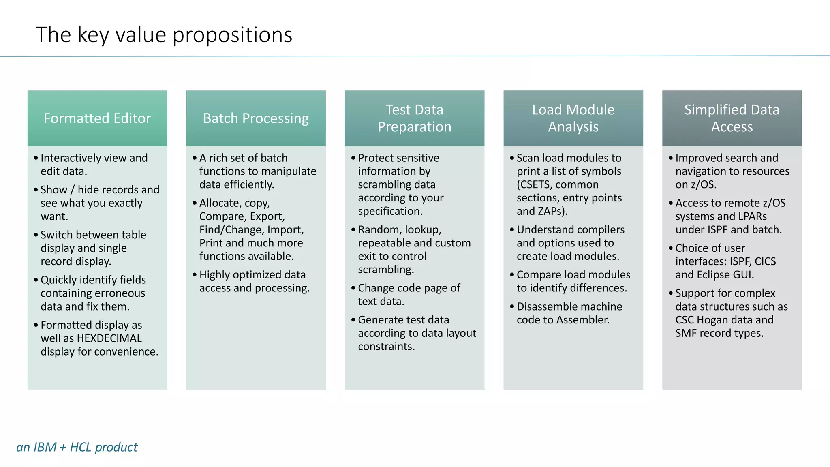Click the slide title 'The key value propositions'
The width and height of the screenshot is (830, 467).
click(164, 35)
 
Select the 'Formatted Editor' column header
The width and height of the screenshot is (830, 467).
click(97, 118)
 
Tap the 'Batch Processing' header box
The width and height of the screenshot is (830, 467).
click(256, 118)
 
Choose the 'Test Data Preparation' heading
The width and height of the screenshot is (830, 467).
click(414, 118)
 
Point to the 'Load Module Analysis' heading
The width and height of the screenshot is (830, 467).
click(573, 118)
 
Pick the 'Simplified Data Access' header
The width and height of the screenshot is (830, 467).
click(732, 118)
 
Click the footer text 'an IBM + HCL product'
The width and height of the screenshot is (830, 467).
click(77, 447)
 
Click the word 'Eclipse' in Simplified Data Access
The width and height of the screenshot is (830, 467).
click(713, 275)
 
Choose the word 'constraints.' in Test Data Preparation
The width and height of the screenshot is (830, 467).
click(386, 347)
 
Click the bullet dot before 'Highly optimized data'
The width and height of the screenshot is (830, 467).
click(195, 275)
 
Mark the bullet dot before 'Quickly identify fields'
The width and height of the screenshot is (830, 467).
click(36, 280)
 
